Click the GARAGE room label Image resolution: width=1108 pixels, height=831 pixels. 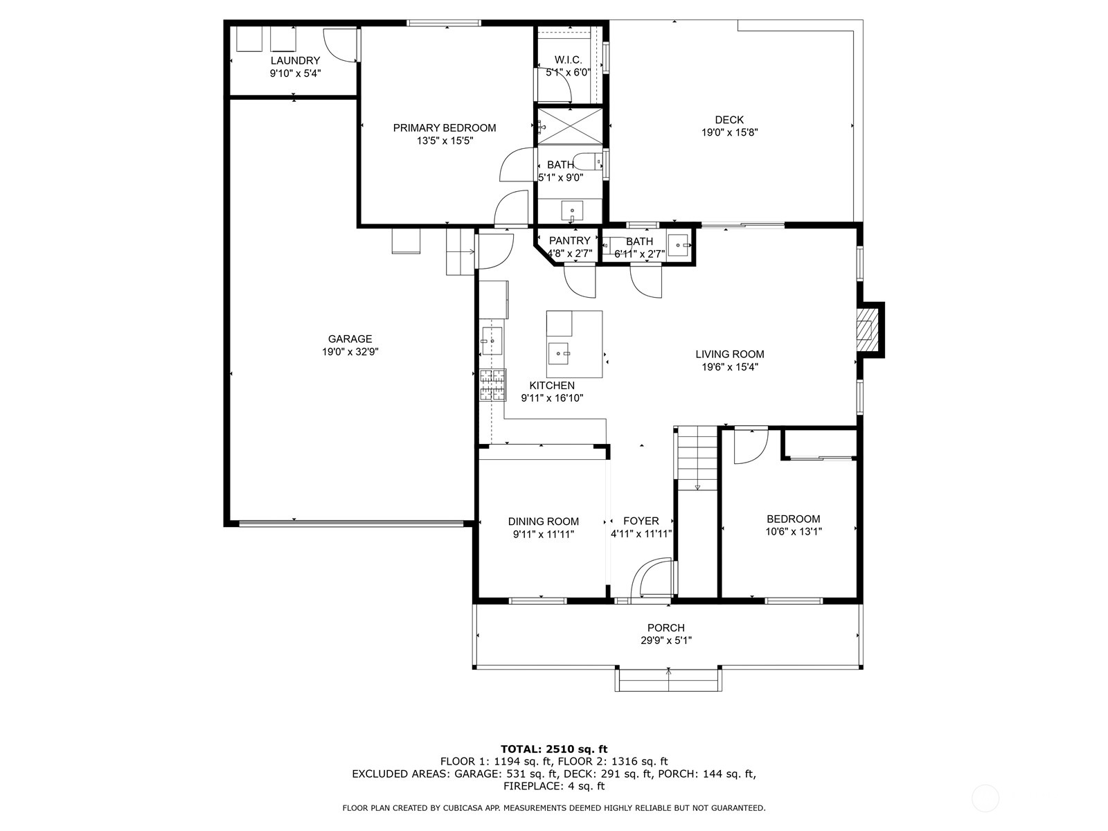coord(350,339)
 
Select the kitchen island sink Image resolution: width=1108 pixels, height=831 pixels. coord(559,353)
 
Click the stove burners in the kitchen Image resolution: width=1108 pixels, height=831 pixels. coord(492,385)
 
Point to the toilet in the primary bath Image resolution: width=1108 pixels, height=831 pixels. coord(591,162)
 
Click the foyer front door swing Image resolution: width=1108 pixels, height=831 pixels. coord(652,579)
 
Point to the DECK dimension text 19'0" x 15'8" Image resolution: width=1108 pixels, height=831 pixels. coord(729,132)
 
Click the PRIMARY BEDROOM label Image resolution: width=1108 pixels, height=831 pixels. coord(445,127)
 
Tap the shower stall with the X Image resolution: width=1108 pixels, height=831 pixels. coord(570,127)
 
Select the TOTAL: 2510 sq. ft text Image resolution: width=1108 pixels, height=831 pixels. coord(553,749)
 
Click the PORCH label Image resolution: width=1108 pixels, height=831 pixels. coord(666,627)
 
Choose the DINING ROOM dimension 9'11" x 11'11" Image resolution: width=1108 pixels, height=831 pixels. coord(544,534)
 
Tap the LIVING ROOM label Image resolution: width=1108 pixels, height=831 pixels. coord(729,354)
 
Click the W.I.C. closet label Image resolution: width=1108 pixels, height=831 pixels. coord(568,60)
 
